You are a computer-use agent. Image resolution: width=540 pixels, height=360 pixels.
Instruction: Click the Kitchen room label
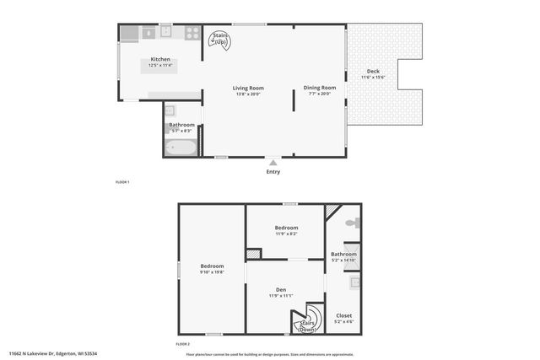tap(160, 60)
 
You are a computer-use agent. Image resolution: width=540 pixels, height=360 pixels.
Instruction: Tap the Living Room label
tap(248, 88)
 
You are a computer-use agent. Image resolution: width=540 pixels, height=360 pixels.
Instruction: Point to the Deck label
tap(372, 71)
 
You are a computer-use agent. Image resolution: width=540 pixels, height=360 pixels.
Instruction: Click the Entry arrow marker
tap(273, 161)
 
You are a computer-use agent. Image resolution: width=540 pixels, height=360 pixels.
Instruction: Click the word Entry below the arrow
tap(273, 171)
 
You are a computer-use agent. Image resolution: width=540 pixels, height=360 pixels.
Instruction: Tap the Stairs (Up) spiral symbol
tap(221, 40)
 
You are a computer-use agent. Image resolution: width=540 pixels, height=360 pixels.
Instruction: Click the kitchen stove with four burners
tap(192, 33)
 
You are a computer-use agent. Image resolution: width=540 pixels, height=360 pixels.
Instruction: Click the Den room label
tap(281, 290)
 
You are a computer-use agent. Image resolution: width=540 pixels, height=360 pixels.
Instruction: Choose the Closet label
tap(343, 315)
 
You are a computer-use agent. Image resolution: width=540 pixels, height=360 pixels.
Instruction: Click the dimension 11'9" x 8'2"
tap(286, 234)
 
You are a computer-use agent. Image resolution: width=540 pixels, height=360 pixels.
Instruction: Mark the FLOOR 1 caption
tap(122, 182)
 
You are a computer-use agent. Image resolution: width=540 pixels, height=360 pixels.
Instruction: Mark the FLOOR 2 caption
tap(182, 344)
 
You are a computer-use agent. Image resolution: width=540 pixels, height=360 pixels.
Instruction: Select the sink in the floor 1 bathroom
tap(170, 110)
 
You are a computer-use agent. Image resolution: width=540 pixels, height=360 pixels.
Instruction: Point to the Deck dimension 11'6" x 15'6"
tap(372, 78)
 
